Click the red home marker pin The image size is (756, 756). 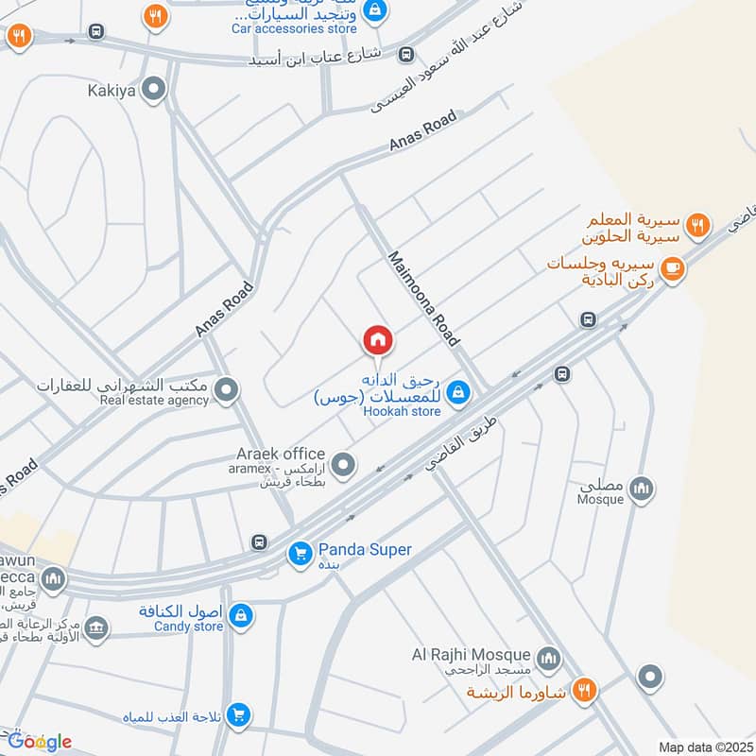click(x=377, y=340)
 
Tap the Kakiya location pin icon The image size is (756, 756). click(x=154, y=90)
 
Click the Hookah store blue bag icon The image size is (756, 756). click(x=458, y=391)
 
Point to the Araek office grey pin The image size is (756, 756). click(x=344, y=464)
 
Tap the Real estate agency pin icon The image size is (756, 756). click(x=227, y=388)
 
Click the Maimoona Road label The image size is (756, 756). click(x=423, y=298)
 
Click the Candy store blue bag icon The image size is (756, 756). click(x=242, y=615)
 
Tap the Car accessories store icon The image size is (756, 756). click(x=375, y=9)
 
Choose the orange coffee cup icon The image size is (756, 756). click(x=673, y=268)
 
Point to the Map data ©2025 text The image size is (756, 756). click(x=703, y=747)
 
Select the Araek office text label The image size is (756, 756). click(x=281, y=455)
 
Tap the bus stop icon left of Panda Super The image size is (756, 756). click(x=259, y=542)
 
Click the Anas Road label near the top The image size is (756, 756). click(x=422, y=131)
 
